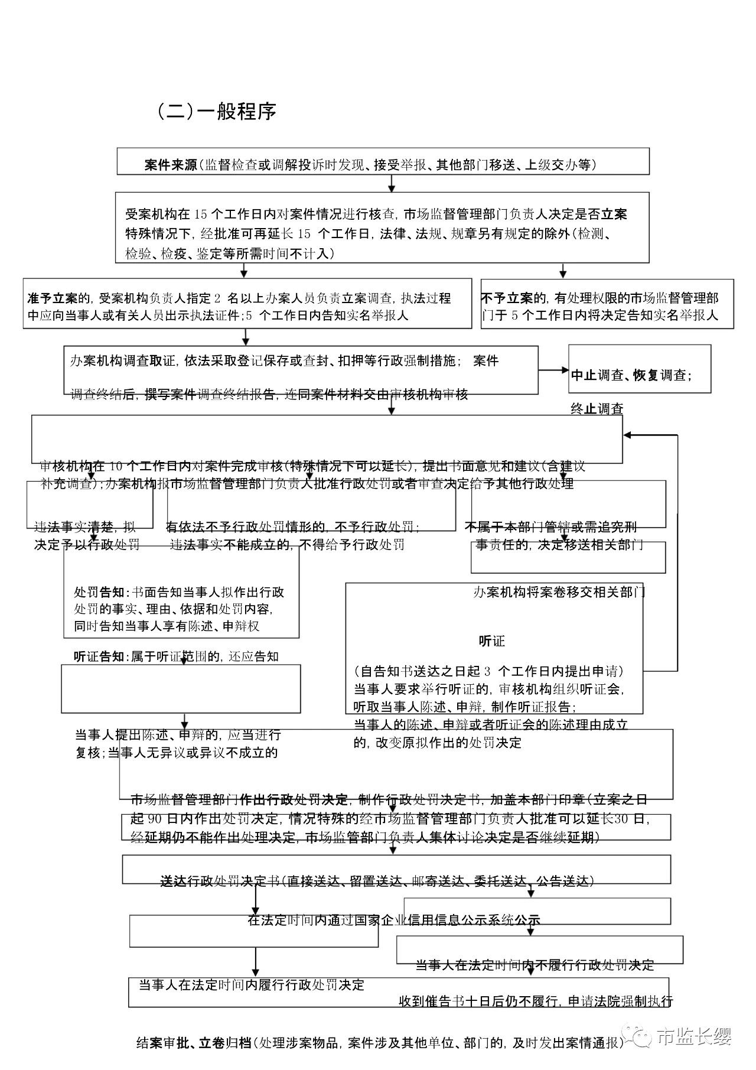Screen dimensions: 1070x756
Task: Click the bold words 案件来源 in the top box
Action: [x=171, y=165]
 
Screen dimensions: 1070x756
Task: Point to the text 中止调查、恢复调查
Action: [x=631, y=375]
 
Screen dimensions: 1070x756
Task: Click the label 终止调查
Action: [x=597, y=409]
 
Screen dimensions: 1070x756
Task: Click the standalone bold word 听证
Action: [x=491, y=641]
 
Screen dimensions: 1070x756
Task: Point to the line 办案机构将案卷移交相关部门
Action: [x=559, y=592]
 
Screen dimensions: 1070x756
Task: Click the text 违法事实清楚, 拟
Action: [x=85, y=527]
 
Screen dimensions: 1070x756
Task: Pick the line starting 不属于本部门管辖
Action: [x=550, y=527]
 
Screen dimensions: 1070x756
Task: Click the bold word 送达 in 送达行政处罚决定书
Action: [x=174, y=881]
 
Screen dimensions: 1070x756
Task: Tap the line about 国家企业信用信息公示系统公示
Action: [x=394, y=920]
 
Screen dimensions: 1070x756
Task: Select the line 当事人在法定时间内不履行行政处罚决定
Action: [x=535, y=965]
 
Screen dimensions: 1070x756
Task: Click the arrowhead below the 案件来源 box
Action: [x=391, y=188]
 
